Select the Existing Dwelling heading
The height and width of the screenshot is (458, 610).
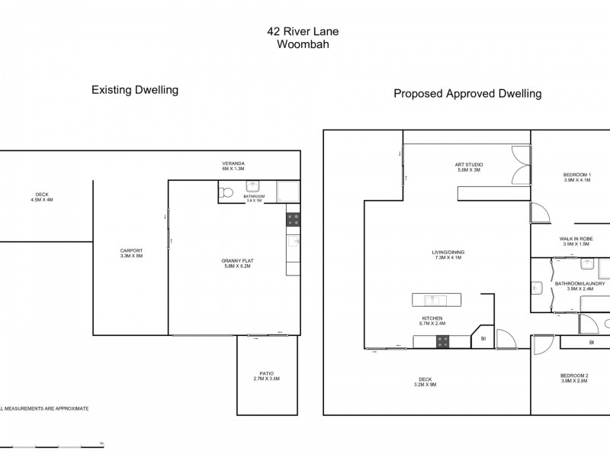134,90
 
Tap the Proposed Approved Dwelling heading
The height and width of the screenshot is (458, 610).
467,94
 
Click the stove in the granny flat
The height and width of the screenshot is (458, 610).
294,220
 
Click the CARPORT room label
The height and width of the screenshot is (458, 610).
131,250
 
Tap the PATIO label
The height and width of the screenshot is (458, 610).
266,373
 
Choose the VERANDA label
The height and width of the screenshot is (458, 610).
233,163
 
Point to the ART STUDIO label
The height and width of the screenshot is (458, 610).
470,165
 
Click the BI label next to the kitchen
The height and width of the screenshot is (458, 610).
483,337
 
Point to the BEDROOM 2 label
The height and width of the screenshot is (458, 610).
574,375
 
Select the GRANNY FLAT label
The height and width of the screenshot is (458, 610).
239,260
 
